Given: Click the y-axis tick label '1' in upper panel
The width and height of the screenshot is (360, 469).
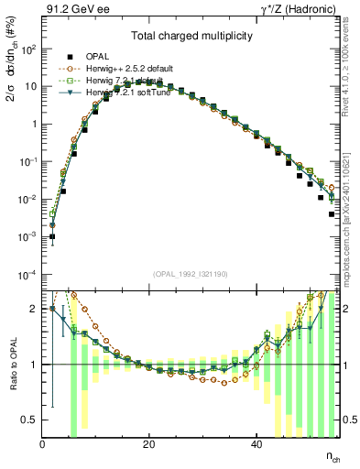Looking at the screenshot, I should pos(34,124).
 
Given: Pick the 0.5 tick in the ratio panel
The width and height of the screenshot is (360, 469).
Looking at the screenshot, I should pos(30,420).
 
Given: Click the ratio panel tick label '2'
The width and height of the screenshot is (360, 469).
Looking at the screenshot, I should pos(34,309).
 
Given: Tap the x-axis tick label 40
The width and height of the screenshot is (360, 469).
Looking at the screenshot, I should pos(255,444).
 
